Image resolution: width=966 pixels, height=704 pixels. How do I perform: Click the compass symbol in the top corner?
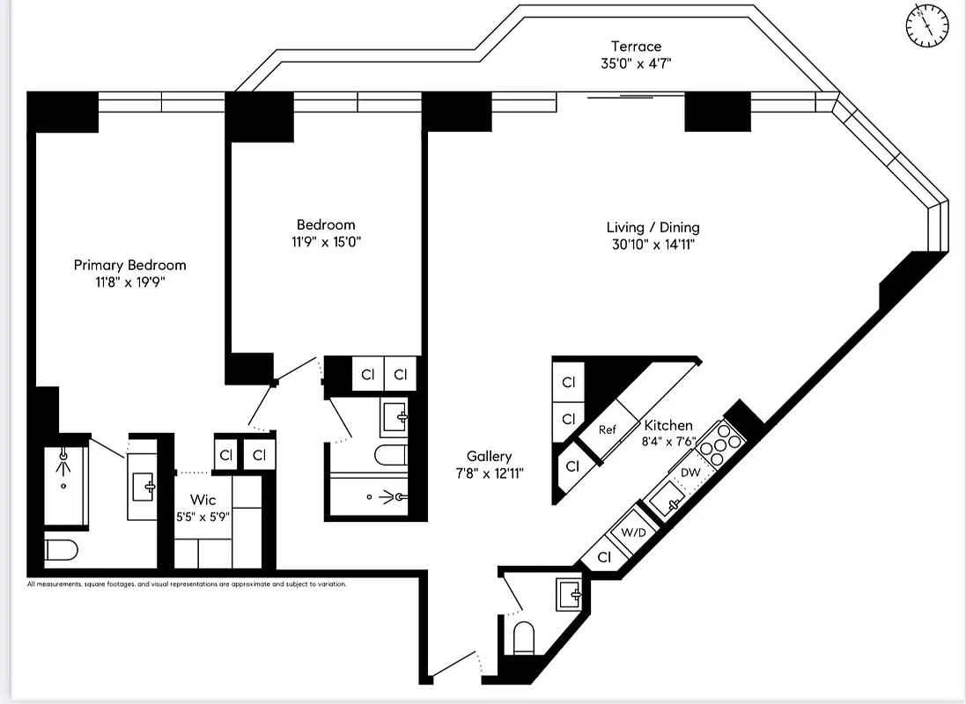(x=927, y=25)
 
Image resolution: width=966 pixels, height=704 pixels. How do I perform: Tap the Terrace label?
(x=636, y=46)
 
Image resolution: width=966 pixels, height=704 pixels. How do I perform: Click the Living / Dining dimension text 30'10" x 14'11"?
(x=654, y=245)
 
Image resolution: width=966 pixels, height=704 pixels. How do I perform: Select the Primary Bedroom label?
(x=129, y=265)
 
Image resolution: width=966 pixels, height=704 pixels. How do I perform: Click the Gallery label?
(x=489, y=456)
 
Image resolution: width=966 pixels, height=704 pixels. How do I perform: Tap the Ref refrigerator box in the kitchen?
(x=608, y=429)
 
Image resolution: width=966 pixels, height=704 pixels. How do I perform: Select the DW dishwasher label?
(x=690, y=473)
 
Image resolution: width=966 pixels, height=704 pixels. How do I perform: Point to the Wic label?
(x=203, y=500)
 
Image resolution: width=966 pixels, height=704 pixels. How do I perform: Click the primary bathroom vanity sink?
(x=143, y=483)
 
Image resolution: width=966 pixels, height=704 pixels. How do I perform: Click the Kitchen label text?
(x=668, y=425)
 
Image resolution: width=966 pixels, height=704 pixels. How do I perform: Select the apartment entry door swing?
(x=458, y=664)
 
